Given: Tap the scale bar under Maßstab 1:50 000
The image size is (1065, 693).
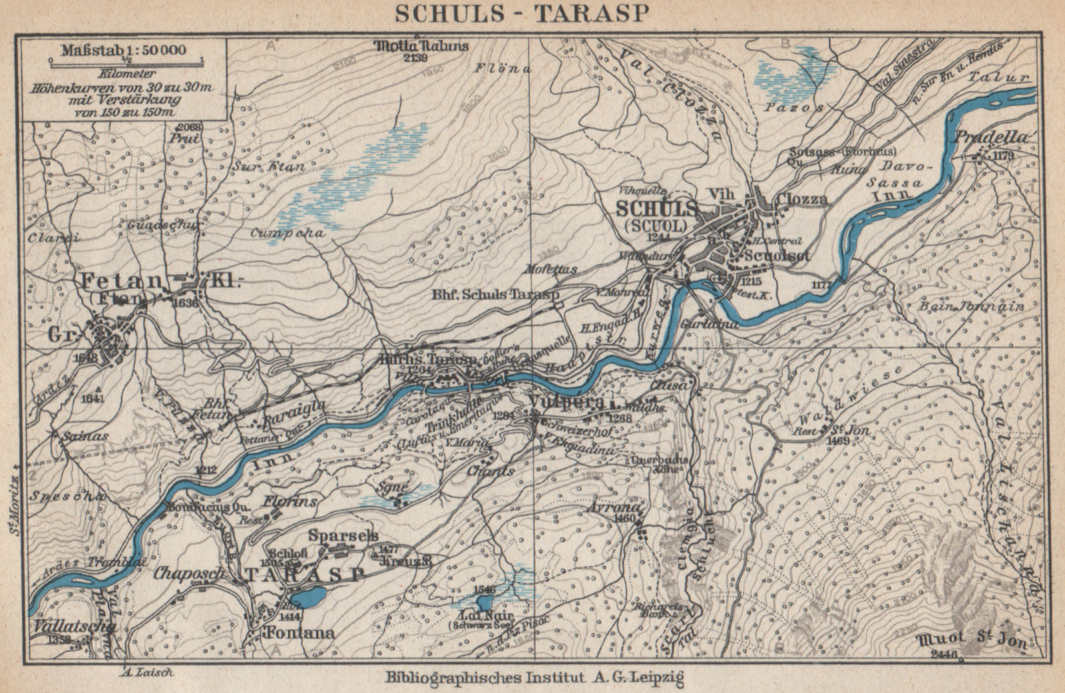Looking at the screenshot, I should point(126,61).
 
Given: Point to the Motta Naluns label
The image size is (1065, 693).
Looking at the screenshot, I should point(422,47).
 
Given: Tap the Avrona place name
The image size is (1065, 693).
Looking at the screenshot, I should point(616,507).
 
